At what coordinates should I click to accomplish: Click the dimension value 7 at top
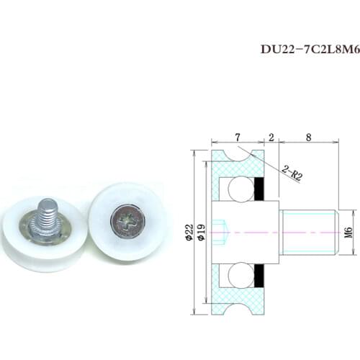(x=236, y=138)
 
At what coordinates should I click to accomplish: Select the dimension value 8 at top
(x=307, y=138)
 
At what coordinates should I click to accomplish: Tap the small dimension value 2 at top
(x=271, y=138)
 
